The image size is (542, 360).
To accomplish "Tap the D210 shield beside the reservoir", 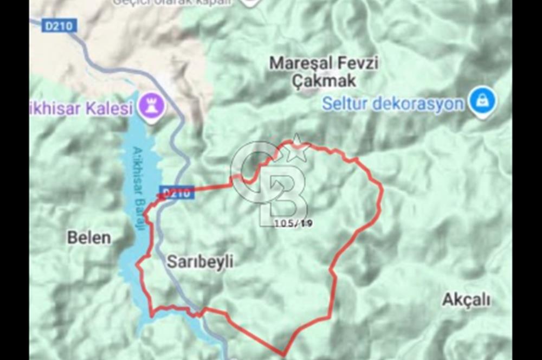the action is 177,192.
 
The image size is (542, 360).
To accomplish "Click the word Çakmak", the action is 324,81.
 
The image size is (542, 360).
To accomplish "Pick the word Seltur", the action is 344,104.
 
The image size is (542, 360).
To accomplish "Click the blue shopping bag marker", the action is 482,101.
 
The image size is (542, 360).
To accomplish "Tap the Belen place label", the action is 89,237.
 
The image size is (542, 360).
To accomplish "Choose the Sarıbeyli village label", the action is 200,262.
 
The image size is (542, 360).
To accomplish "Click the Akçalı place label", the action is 466,300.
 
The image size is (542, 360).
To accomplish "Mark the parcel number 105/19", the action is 293,223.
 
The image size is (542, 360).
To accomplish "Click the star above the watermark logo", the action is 297,147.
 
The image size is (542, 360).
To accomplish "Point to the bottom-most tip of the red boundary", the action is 283,355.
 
